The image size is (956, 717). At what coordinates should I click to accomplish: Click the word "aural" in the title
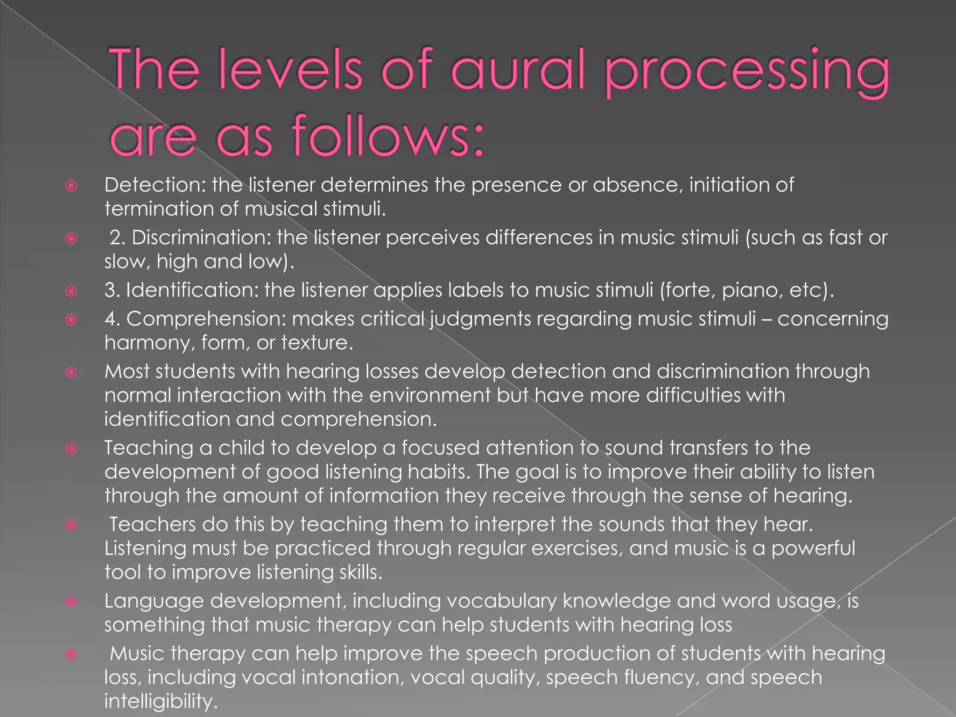[518, 70]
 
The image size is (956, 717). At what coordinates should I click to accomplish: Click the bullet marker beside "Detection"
[71, 186]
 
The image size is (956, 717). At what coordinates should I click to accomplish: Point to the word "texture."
[317, 343]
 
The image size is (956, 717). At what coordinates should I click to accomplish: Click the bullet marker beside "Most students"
[71, 372]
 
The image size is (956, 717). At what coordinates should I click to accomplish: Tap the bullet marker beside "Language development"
[71, 602]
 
